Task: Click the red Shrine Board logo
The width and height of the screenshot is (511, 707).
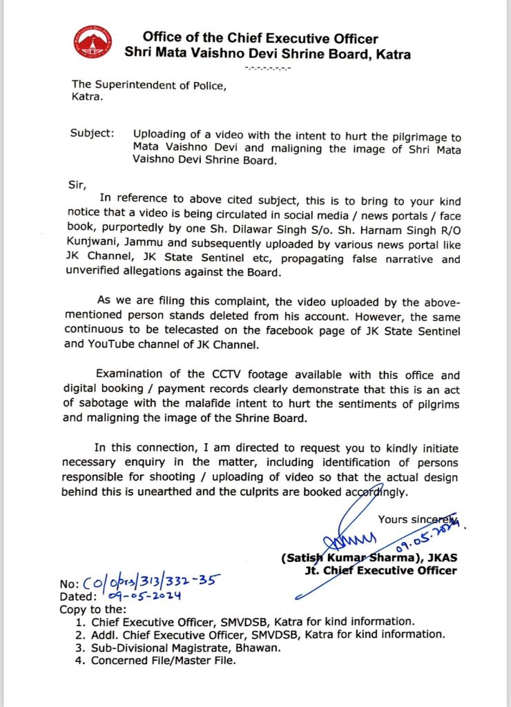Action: (95, 42)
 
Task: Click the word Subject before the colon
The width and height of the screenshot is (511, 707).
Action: (91, 133)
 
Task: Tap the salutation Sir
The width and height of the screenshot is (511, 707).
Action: (81, 186)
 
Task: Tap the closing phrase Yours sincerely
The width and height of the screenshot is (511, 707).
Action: (418, 519)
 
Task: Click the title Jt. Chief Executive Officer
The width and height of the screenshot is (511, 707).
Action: (380, 570)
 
